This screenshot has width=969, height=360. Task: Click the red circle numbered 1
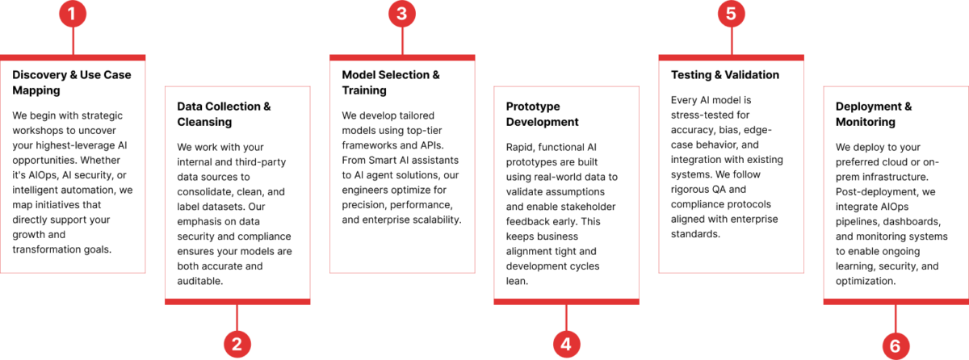pos(73,14)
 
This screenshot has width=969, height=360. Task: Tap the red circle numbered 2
pos(237,345)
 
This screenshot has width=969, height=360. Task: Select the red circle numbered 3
pos(402,14)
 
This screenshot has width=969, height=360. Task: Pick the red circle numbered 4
pos(566,345)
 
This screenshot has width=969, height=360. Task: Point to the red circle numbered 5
pos(731,14)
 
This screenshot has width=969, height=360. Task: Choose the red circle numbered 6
pos(896,345)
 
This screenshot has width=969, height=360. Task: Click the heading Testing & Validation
pos(724,75)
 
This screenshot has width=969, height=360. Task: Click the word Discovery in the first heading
pos(40,75)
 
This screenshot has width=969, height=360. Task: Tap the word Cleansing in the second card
pos(204,123)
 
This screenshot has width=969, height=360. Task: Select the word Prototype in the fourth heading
pos(532,107)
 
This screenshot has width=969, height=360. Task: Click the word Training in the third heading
pos(364,90)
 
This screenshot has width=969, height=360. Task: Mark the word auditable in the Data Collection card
pos(200,281)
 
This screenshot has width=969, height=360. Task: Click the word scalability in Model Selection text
pos(437,220)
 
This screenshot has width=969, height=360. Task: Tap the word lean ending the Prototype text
pos(517,281)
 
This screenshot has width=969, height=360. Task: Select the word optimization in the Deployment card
pos(865,281)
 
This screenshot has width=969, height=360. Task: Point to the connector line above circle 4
pos(566,318)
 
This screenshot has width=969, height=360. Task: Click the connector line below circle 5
pos(732,41)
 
